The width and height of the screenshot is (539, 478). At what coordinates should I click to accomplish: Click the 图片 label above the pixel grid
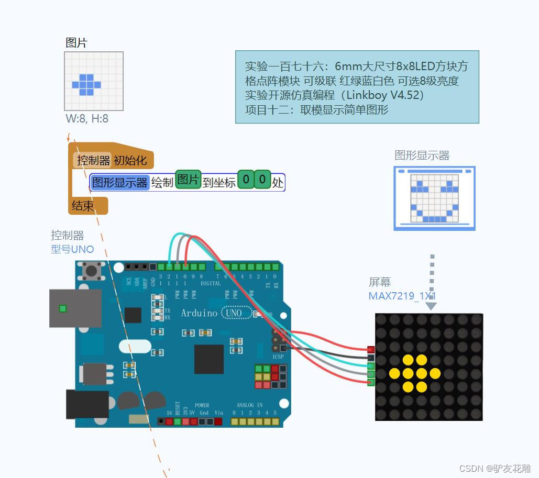(x=76, y=43)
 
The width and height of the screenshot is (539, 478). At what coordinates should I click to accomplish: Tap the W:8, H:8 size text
(x=87, y=119)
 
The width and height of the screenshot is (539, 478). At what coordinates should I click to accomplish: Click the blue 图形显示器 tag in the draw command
(x=120, y=182)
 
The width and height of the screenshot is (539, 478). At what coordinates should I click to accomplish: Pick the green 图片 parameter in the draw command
(x=188, y=180)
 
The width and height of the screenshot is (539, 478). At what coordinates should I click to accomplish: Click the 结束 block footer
(x=83, y=206)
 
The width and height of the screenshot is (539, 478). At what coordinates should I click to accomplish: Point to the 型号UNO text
(x=72, y=249)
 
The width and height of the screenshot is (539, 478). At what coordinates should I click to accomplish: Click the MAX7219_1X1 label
(x=402, y=296)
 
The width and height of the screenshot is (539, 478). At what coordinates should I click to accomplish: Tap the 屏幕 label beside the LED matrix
(x=380, y=282)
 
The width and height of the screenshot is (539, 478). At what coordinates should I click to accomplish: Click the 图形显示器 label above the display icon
(x=422, y=155)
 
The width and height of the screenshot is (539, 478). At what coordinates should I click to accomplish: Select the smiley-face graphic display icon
(x=434, y=198)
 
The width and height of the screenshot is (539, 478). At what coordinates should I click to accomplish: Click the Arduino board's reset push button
(x=93, y=271)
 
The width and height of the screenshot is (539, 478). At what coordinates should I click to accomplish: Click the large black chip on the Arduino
(x=208, y=359)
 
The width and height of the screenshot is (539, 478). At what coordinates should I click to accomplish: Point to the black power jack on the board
(x=87, y=404)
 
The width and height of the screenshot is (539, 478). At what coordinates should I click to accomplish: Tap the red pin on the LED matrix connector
(x=371, y=349)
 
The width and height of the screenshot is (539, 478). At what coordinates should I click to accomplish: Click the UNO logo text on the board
(x=233, y=313)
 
